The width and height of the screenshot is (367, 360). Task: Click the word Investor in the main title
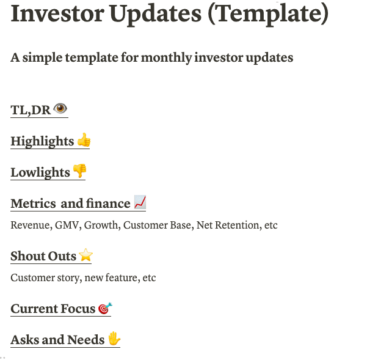click(x=57, y=13)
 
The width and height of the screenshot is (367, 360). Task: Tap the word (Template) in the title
click(x=268, y=15)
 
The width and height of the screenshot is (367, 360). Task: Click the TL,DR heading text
click(x=31, y=110)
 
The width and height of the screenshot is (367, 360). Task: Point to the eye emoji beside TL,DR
click(x=60, y=108)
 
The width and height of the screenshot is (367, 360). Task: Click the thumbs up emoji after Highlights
click(x=84, y=140)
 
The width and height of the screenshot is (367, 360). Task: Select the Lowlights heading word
click(x=40, y=172)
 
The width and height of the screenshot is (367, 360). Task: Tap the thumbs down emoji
click(x=79, y=171)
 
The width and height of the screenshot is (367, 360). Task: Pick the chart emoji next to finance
click(x=140, y=202)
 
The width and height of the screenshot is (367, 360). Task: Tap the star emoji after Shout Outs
click(x=85, y=255)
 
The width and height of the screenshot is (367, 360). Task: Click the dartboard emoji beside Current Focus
click(x=105, y=308)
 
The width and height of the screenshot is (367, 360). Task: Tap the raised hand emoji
click(x=114, y=338)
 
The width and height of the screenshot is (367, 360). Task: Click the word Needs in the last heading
click(x=85, y=340)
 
